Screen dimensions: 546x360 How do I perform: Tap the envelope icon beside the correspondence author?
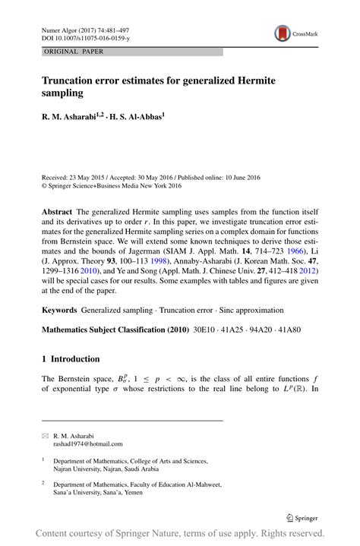pos(44,436)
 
